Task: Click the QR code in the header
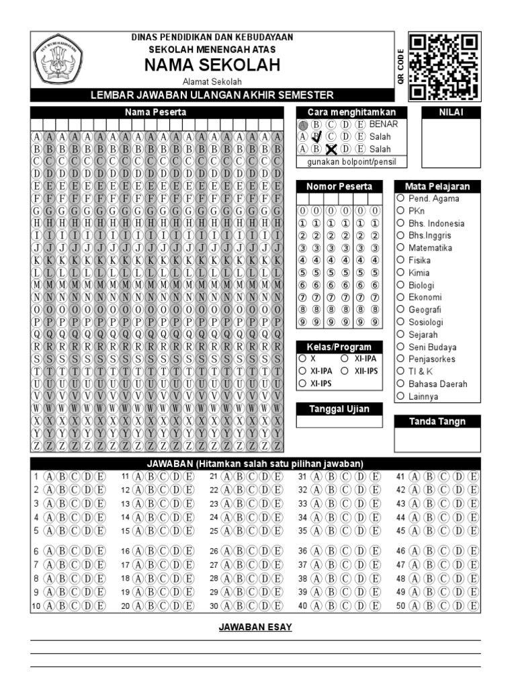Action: coord(445,67)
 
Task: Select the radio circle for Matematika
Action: coord(400,248)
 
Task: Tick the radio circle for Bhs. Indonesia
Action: coord(400,223)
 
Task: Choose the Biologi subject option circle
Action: coord(400,285)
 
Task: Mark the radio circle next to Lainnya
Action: coord(400,396)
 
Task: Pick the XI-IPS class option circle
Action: coord(302,383)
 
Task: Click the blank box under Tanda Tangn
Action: coord(437,440)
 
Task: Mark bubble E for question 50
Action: coord(474,606)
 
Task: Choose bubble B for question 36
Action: coord(330,551)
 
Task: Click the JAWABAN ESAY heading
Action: coord(255,628)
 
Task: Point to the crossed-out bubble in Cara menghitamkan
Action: coord(331,149)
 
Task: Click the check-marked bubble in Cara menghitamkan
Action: coord(316,136)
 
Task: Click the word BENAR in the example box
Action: coord(384,124)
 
